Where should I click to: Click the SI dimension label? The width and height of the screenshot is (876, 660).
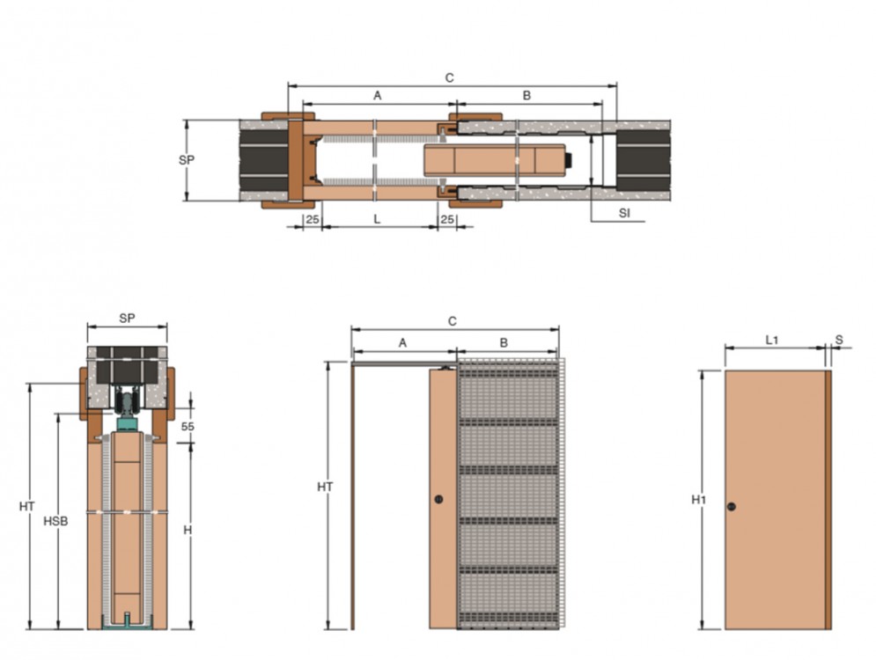point(624,213)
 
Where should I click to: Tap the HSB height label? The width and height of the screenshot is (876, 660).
point(55,521)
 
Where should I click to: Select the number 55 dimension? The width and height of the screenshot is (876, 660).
point(188,426)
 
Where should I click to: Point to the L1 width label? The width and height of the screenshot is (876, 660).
point(771,340)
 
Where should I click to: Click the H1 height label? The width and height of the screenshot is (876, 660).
point(698,499)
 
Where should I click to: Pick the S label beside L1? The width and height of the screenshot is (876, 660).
point(839,340)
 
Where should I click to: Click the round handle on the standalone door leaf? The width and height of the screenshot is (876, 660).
point(732,507)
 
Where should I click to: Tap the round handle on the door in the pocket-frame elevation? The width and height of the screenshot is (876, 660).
point(439,499)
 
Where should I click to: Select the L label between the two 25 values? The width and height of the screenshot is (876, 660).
point(377,219)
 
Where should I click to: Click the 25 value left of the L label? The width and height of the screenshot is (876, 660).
point(313,219)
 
